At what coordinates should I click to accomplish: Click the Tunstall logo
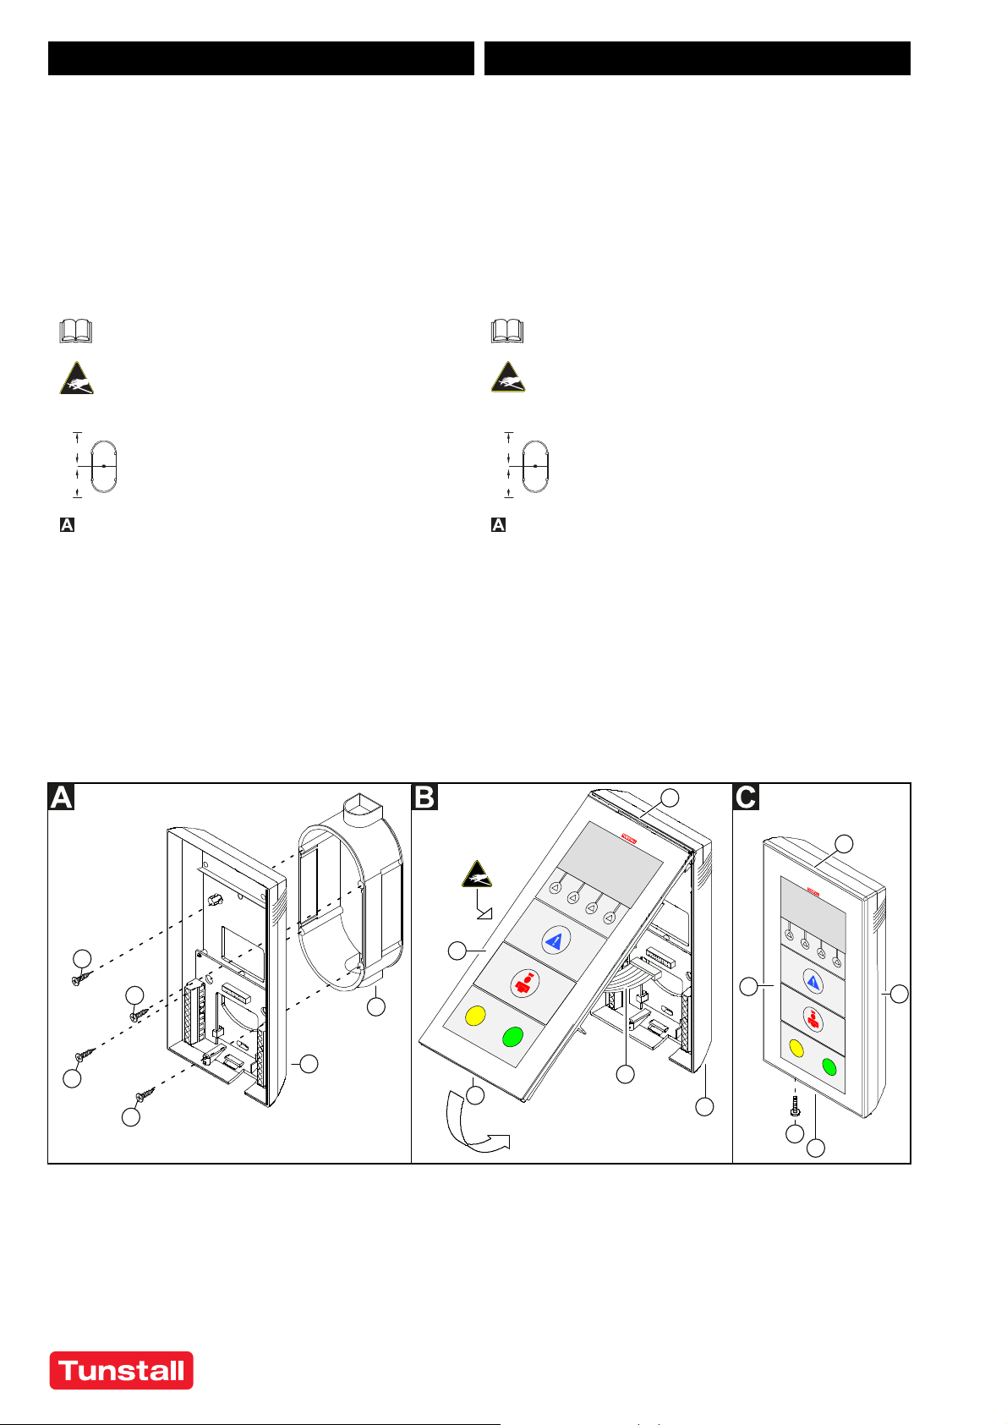(121, 1370)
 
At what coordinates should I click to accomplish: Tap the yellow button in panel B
(474, 1015)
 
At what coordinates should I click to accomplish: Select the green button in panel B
(512, 1037)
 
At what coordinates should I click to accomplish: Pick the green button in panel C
(829, 1066)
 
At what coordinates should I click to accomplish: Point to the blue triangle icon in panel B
(556, 940)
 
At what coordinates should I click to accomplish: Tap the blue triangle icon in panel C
(813, 982)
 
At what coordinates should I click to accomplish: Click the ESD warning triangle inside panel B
(477, 875)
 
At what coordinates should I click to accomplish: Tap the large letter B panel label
(424, 797)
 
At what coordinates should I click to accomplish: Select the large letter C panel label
(747, 797)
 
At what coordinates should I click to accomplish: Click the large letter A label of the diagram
(62, 797)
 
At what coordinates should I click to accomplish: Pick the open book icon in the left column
(76, 331)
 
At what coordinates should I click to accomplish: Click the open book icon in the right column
(507, 331)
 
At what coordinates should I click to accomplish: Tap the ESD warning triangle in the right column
(508, 378)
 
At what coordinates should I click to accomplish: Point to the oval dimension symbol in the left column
(103, 466)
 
